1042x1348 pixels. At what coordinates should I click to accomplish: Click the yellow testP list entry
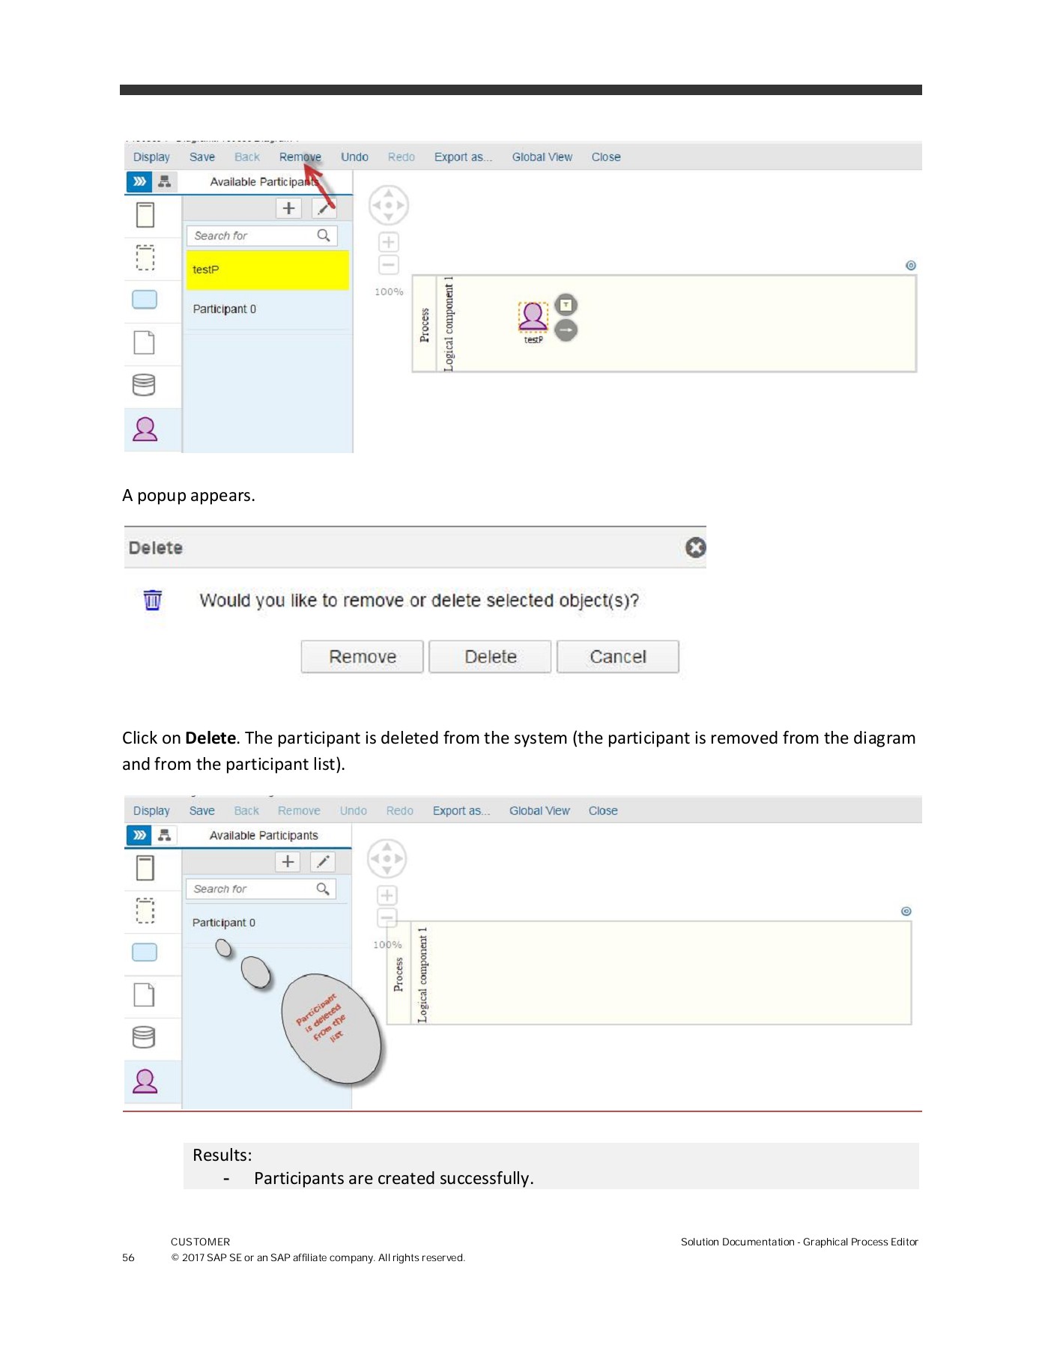point(267,270)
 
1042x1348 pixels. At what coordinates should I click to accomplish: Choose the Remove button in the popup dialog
point(363,657)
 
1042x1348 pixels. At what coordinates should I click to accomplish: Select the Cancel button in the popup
point(617,657)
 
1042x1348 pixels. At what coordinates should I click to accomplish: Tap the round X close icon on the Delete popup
point(695,548)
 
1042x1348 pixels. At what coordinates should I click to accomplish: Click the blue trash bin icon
point(153,600)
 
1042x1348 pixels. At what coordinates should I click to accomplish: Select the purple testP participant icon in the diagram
point(533,315)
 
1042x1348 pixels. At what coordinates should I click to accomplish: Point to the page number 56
point(128,1257)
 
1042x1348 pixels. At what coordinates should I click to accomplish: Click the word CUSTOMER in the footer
point(200,1242)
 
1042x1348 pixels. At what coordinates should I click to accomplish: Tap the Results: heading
point(222,1155)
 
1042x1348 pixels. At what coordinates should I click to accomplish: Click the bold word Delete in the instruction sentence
point(210,738)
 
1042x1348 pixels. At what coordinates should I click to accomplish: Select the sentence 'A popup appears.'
point(189,496)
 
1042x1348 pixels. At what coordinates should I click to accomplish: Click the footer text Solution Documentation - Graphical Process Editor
point(799,1242)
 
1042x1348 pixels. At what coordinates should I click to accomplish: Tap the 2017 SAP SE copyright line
point(318,1257)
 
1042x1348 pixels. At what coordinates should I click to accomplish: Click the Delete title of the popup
point(156,548)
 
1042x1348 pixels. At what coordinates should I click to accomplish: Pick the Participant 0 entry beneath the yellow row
point(225,309)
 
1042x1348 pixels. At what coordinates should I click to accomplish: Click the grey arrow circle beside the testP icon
point(566,330)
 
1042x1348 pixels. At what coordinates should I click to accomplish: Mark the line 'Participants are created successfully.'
point(393,1178)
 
